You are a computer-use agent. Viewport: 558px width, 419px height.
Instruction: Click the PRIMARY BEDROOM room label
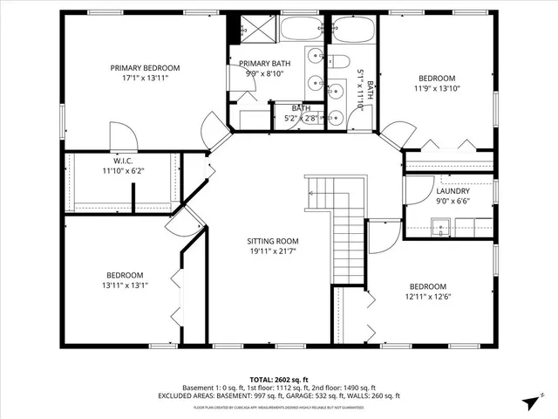(x=145, y=68)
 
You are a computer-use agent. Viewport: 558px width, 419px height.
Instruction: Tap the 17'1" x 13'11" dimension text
(x=145, y=79)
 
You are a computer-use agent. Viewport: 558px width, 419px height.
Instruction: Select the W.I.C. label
(x=122, y=161)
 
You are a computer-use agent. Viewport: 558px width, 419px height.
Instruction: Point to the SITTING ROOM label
(x=273, y=242)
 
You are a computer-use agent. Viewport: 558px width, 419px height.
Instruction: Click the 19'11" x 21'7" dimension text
(x=273, y=252)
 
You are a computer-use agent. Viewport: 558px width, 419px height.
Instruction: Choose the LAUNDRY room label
(x=453, y=191)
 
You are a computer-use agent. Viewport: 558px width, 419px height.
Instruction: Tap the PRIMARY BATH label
(x=265, y=64)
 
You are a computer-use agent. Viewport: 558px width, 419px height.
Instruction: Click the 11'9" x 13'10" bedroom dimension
(x=436, y=88)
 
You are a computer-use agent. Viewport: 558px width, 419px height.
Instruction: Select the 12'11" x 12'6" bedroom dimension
(x=428, y=297)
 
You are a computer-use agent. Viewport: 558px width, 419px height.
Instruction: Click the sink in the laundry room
(x=442, y=230)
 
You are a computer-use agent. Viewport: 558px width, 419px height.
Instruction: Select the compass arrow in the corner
(x=528, y=402)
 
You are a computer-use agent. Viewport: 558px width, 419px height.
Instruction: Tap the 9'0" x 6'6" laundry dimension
(x=453, y=202)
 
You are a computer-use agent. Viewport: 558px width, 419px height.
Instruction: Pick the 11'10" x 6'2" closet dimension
(x=122, y=171)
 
